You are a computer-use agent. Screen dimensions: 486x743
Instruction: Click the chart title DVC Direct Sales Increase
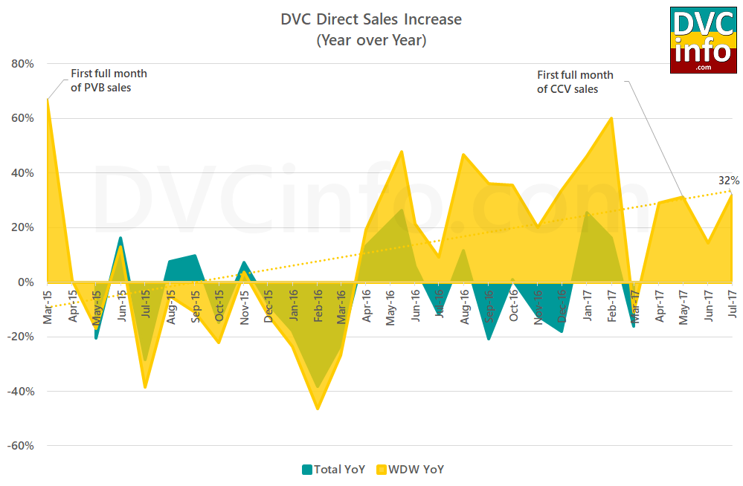pyautogui.click(x=371, y=19)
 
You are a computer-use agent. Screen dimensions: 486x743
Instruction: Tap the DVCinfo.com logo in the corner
pyautogui.click(x=703, y=40)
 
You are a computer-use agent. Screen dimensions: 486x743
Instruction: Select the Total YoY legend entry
pyautogui.click(x=333, y=469)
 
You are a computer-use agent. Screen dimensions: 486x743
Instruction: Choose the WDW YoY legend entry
pyautogui.click(x=411, y=469)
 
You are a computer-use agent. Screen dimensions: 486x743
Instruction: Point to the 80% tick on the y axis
pyautogui.click(x=22, y=64)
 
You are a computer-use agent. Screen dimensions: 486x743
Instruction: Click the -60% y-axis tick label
pyautogui.click(x=20, y=446)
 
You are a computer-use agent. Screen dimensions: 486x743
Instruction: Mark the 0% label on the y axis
pyautogui.click(x=25, y=282)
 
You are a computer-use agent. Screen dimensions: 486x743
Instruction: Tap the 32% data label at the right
pyautogui.click(x=728, y=181)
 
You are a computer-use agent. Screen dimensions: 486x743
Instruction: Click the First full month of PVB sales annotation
pyautogui.click(x=109, y=81)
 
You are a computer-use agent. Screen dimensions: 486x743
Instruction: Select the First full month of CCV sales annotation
pyautogui.click(x=575, y=82)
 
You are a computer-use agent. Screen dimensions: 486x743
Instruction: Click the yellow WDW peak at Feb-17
pyautogui.click(x=611, y=118)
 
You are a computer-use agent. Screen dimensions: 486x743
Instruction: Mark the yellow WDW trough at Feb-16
pyautogui.click(x=318, y=408)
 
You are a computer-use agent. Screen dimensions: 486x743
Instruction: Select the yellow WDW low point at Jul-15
pyautogui.click(x=145, y=386)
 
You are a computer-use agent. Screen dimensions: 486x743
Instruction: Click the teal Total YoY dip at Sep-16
pyautogui.click(x=489, y=339)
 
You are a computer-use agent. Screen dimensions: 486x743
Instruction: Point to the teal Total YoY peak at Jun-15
pyautogui.click(x=120, y=239)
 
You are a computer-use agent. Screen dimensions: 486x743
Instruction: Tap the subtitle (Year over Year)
pyautogui.click(x=371, y=40)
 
